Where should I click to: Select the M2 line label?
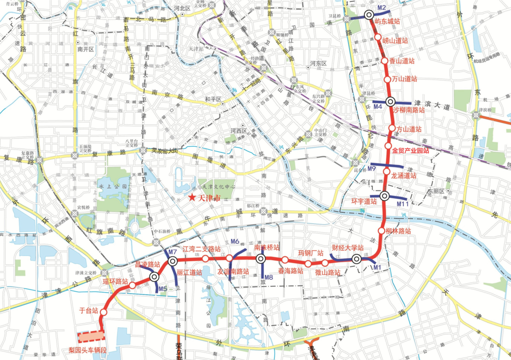pos(382,8)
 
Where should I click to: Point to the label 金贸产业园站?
pos(411,151)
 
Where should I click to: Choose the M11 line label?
pos(403,203)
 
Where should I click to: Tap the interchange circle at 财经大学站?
pos(357,259)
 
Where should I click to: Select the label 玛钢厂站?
pos(310,253)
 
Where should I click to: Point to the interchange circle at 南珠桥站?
pos(260,259)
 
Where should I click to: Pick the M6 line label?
pos(235,242)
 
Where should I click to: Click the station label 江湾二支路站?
pos(202,249)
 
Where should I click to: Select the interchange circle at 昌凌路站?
pos(154,277)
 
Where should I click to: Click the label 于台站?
pos(88,311)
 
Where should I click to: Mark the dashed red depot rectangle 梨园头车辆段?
pos(91,336)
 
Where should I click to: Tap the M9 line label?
pos(372,169)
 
